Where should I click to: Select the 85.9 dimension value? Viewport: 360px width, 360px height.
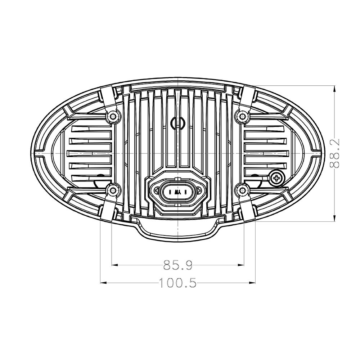point(178,266)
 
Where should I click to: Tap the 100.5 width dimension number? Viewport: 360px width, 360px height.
point(178,283)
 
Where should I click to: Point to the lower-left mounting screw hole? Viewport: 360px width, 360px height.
point(112,190)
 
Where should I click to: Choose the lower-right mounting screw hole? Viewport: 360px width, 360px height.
point(241,190)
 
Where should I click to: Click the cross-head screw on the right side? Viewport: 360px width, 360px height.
point(276,177)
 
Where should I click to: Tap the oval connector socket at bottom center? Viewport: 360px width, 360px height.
point(176,191)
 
